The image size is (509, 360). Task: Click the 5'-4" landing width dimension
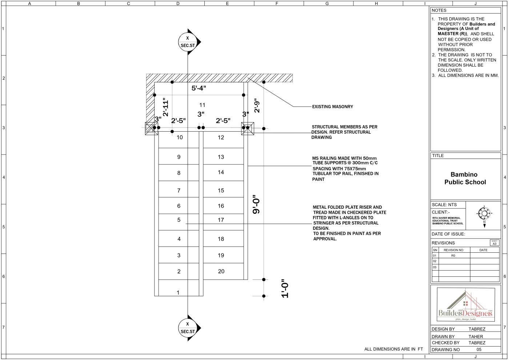point(199,88)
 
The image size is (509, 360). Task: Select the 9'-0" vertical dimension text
point(256,204)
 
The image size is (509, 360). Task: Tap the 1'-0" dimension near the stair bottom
point(285,288)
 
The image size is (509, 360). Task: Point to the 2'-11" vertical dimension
point(166,107)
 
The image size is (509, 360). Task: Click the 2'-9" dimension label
point(257,105)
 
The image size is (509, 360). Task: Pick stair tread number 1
point(178,292)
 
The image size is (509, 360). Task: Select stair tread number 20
point(221,271)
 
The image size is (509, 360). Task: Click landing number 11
point(202,105)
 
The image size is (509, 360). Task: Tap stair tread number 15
point(221,191)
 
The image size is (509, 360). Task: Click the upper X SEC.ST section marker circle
point(188,42)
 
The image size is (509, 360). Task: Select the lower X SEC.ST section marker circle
point(188,328)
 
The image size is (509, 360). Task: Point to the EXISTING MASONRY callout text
point(332,107)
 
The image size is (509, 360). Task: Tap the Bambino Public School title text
point(465,178)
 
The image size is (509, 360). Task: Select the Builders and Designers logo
point(466,305)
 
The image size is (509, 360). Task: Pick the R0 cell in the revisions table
point(453,256)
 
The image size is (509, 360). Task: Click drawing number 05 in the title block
point(479,349)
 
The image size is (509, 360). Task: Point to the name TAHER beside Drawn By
point(476,337)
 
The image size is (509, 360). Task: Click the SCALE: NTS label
point(444,205)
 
